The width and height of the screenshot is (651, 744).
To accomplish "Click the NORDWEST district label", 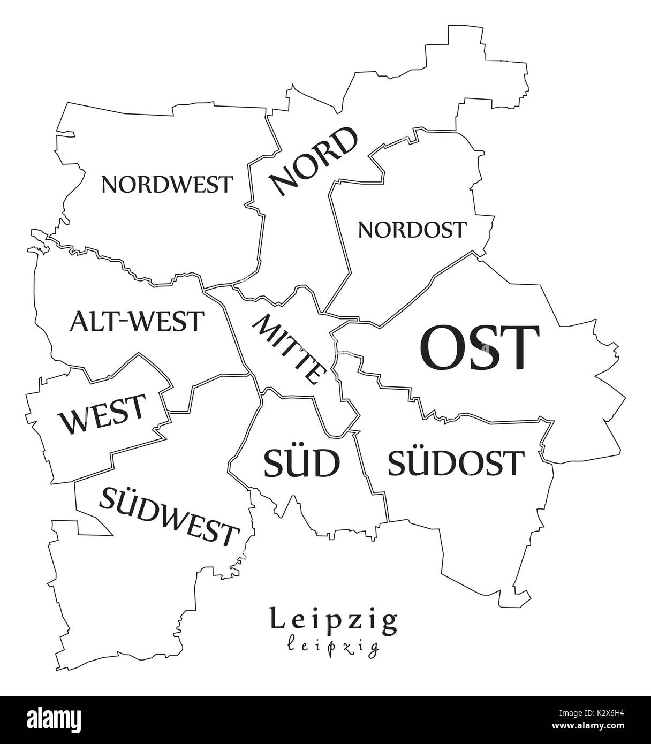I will pyautogui.click(x=167, y=185).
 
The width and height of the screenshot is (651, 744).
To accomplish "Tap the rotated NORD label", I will pyautogui.click(x=314, y=161).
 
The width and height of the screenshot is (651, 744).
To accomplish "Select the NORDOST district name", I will pyautogui.click(x=412, y=230).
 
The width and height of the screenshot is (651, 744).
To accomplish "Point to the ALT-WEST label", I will pyautogui.click(x=137, y=322).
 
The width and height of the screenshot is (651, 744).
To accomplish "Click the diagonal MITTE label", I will pyautogui.click(x=289, y=350).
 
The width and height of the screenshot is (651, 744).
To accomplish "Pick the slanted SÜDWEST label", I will pyautogui.click(x=168, y=517).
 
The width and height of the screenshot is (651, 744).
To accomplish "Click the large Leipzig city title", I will pyautogui.click(x=334, y=619).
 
